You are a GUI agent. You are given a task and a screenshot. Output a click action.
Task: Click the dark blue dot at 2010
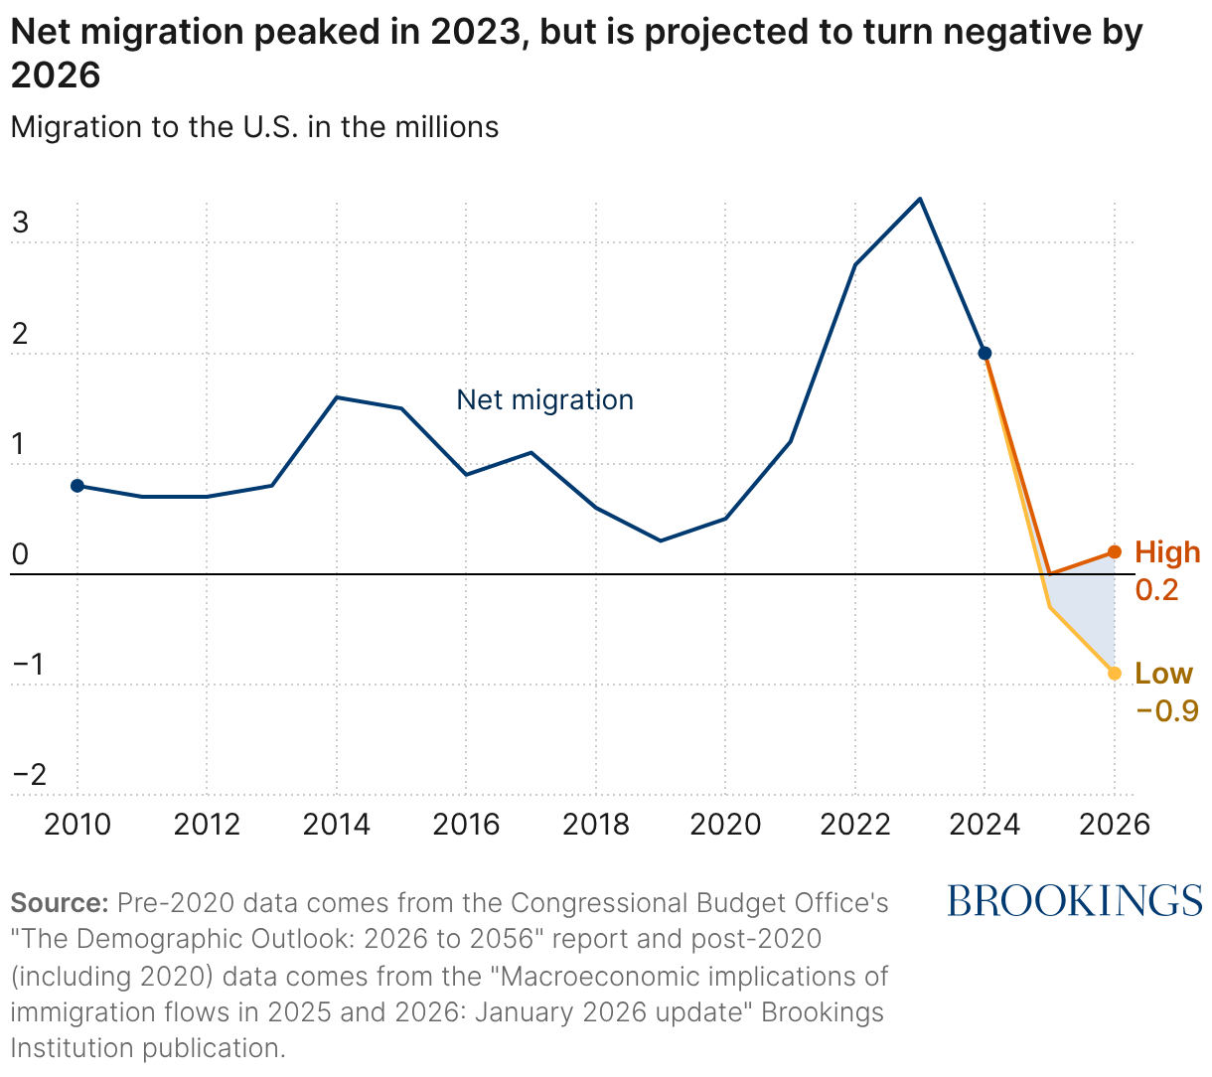pos(77,486)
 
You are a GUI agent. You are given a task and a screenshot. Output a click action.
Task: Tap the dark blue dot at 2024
pos(985,354)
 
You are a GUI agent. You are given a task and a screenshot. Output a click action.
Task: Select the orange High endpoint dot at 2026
pos(1115,552)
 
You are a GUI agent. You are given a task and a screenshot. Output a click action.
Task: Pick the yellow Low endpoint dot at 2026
pos(1115,674)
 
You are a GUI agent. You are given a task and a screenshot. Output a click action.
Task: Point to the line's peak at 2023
pos(920,199)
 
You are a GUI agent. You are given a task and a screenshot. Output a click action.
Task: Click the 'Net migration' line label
pos(544,400)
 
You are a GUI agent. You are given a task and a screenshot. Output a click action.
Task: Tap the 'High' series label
pos(1167,552)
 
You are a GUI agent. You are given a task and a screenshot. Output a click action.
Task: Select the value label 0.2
pos(1156,590)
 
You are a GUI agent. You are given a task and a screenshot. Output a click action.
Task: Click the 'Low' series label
pos(1163,674)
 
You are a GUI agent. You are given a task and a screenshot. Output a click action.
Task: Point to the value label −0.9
pos(1166,711)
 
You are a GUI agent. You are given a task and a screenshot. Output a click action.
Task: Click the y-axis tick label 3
pos(21,223)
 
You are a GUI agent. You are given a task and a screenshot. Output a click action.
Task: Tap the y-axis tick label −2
pos(29,774)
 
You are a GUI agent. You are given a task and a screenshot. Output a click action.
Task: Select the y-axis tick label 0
pos(21,554)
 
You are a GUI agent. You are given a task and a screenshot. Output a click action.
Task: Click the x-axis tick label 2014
pos(337,825)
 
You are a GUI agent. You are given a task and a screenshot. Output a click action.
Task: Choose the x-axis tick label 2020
pos(725,825)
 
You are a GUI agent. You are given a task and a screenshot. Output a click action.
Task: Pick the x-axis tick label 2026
pos(1115,825)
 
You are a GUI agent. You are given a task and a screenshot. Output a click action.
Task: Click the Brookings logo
pos(1074,901)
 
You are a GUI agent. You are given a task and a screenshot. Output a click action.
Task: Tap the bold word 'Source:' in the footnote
pos(59,903)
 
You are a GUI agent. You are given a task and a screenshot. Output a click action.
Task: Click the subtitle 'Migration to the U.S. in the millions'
pos(254,127)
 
